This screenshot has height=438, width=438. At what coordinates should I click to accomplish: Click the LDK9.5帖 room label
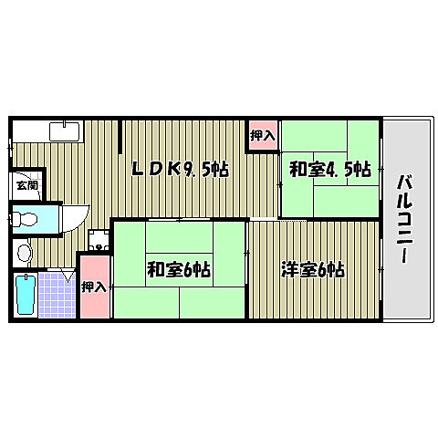click(x=180, y=168)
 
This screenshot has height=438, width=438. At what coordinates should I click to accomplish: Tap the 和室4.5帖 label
click(x=329, y=168)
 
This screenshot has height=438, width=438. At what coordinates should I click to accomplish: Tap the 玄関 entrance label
click(x=26, y=185)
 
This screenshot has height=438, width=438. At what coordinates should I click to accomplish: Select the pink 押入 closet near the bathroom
click(x=92, y=287)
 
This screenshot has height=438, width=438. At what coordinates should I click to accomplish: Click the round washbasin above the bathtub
click(x=24, y=250)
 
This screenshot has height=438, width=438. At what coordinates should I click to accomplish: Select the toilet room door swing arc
click(x=77, y=217)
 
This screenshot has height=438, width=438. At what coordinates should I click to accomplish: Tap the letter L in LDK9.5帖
click(x=138, y=168)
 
